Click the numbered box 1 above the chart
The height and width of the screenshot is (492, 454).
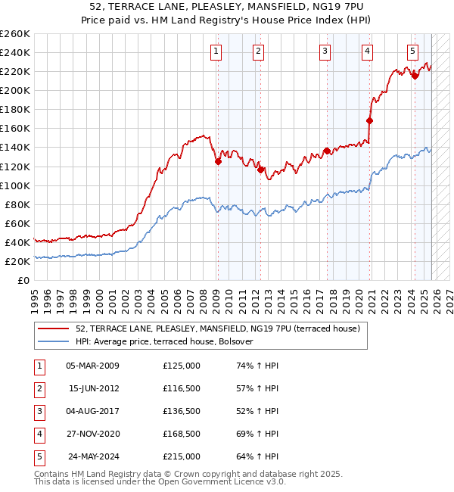[x=216, y=51]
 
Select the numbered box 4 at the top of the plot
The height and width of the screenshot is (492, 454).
[x=367, y=51]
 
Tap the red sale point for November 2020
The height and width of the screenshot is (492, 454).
[x=370, y=120]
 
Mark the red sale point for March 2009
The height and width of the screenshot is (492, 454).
[x=218, y=161]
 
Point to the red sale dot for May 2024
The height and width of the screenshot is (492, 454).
[x=415, y=76]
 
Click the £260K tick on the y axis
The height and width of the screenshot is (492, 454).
[x=15, y=34]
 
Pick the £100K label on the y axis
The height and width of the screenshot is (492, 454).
[x=15, y=185]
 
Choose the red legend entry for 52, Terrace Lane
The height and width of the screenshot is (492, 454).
[x=202, y=329]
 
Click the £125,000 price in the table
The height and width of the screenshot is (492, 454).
[x=182, y=366]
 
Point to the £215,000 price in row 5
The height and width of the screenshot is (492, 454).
[x=182, y=456]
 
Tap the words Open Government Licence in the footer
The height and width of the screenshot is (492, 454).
[x=221, y=481]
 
